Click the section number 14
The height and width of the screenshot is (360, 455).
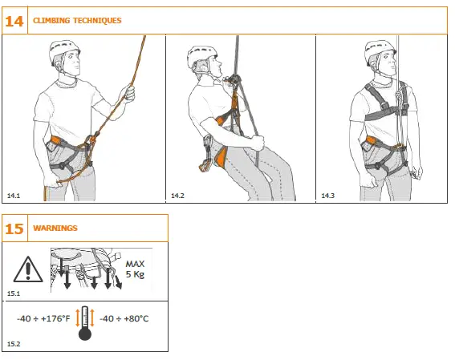click(14, 21)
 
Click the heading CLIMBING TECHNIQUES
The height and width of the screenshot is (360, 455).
click(77, 21)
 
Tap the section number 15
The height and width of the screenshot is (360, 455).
click(14, 229)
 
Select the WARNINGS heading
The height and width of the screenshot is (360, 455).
click(55, 229)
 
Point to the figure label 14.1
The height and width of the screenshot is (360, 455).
click(13, 195)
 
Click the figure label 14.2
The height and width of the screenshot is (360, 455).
click(177, 195)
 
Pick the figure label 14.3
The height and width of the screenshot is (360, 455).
click(328, 195)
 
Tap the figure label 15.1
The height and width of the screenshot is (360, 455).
click(13, 294)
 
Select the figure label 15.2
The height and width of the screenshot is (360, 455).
click(13, 344)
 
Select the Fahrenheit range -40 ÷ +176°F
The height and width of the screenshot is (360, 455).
click(43, 319)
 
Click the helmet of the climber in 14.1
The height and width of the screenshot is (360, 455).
click(63, 52)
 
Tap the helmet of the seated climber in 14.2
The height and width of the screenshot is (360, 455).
click(201, 56)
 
